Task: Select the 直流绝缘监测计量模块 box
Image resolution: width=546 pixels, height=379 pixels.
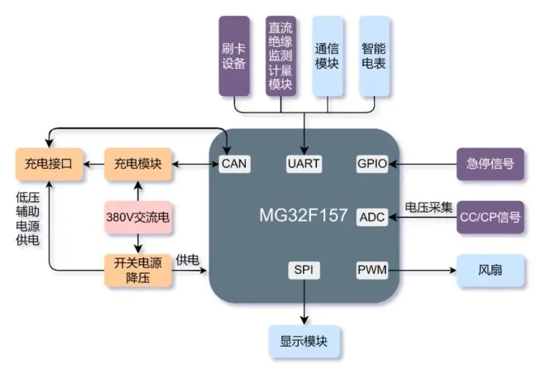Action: [x=280, y=55]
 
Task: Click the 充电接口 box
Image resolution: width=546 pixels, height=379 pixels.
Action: [x=49, y=164]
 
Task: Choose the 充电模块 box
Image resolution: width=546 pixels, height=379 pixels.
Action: [x=137, y=164]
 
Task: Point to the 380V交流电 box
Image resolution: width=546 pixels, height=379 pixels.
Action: [x=137, y=217]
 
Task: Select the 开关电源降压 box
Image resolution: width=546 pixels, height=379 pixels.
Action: [x=137, y=271]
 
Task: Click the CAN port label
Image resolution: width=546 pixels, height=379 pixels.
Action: [x=234, y=163]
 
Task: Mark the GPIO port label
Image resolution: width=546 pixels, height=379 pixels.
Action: [x=371, y=163]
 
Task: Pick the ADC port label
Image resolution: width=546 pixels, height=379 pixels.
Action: [x=371, y=217]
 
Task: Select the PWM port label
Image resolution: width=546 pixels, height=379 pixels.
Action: [x=371, y=271]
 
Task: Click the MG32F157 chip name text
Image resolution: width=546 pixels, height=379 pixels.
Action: [x=303, y=215]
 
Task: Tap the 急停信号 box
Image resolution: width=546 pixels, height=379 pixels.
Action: [x=491, y=164]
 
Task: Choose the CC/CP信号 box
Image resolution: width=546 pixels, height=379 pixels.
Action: [x=491, y=217]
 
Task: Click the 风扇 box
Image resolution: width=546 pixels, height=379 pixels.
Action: [x=491, y=271]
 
